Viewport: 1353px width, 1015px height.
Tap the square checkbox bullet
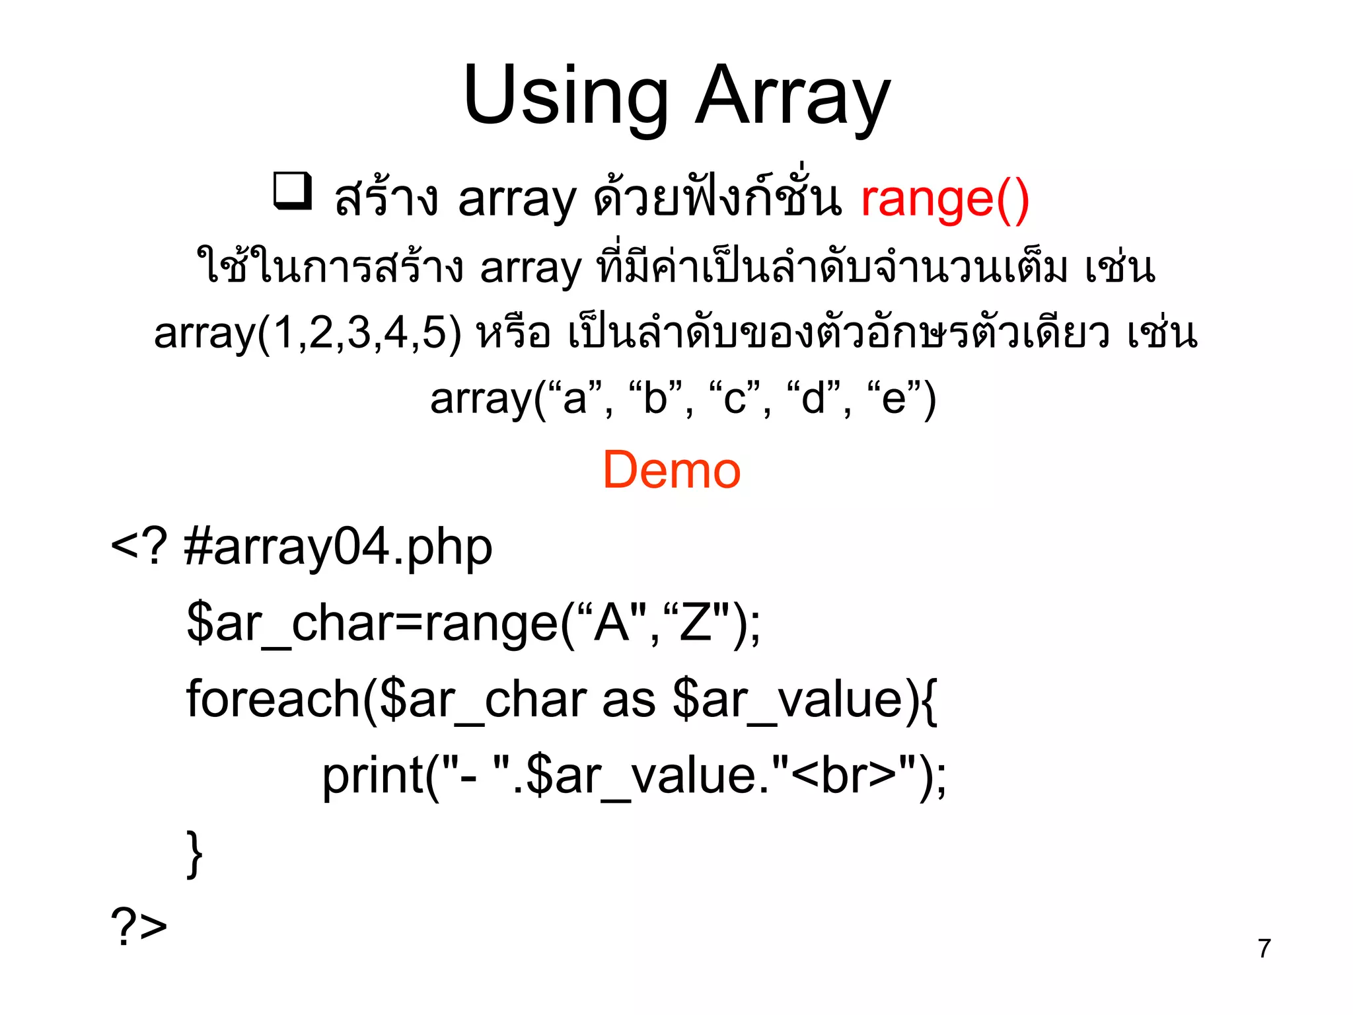click(x=293, y=191)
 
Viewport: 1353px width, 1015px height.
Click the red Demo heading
click(x=671, y=470)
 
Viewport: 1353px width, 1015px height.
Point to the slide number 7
click(x=1264, y=948)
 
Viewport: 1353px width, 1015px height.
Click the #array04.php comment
click(x=338, y=548)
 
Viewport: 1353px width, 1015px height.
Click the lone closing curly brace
click(x=194, y=854)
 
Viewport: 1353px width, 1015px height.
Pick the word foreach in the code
click(x=272, y=699)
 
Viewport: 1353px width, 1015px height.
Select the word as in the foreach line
click(x=628, y=700)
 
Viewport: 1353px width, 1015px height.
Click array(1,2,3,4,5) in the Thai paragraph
click(x=308, y=333)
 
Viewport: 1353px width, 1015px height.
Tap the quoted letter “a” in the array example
click(x=575, y=398)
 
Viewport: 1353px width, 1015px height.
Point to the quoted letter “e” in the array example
click(x=894, y=398)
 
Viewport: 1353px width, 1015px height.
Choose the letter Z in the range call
click(x=695, y=622)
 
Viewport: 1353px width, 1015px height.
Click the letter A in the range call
click(x=611, y=622)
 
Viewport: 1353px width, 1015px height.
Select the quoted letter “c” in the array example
click(x=735, y=398)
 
